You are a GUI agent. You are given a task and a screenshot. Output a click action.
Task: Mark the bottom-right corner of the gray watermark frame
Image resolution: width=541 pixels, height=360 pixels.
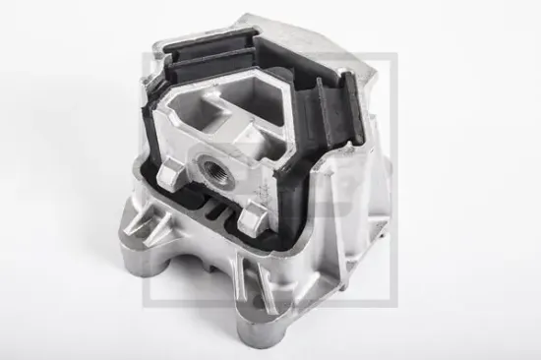tap(394, 304)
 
